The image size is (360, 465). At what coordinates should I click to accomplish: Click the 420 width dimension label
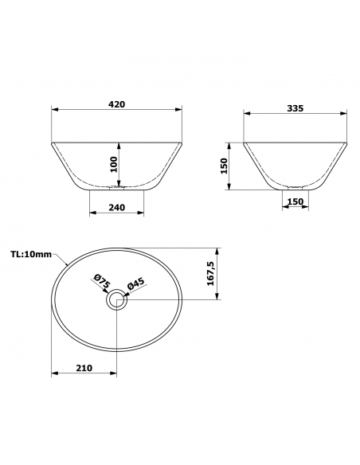pyautogui.click(x=116, y=104)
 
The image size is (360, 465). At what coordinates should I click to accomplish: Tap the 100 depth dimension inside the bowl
pyautogui.click(x=114, y=164)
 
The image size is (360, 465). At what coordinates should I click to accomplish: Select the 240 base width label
pyautogui.click(x=116, y=208)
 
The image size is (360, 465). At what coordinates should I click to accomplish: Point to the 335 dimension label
pyautogui.click(x=295, y=108)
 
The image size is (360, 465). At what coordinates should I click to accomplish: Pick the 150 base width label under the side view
pyautogui.click(x=295, y=201)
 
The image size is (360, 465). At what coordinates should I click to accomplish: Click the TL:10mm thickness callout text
pyautogui.click(x=31, y=254)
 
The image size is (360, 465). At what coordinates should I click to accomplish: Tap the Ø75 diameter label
pyautogui.click(x=102, y=281)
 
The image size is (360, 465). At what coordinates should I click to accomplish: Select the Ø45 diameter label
pyautogui.click(x=136, y=284)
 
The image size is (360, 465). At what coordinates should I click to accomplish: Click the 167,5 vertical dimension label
pyautogui.click(x=210, y=273)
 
